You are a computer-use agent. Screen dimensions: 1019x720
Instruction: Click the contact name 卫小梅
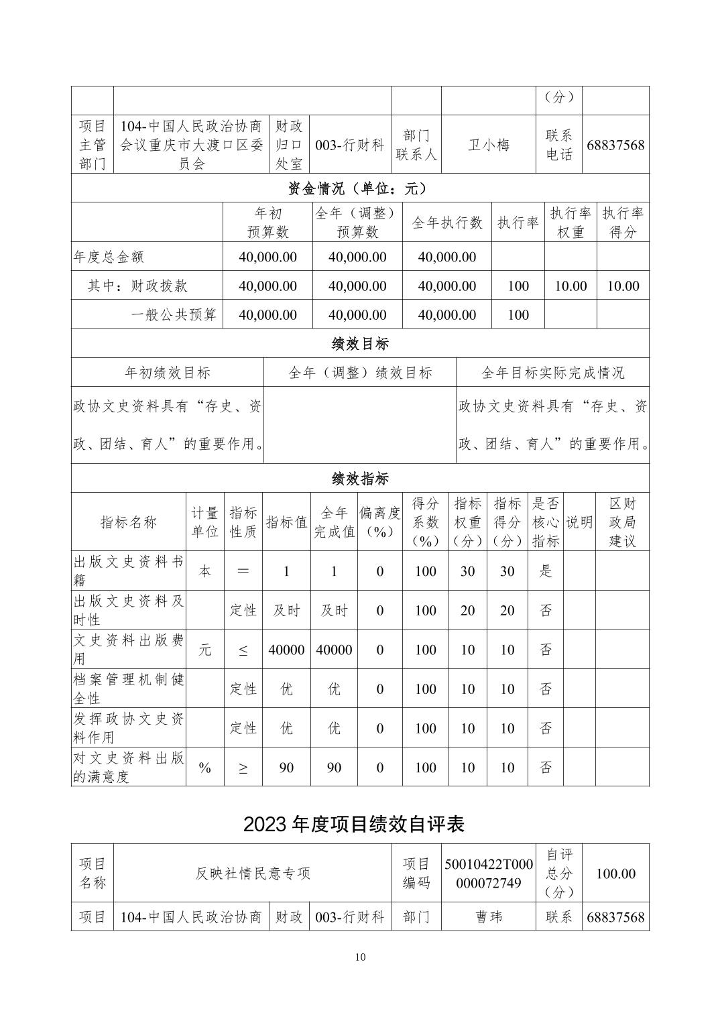pyautogui.click(x=488, y=144)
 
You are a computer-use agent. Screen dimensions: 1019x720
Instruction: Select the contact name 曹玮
pyautogui.click(x=488, y=916)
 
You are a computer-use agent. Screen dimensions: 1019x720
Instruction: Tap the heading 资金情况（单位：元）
pyautogui.click(x=360, y=188)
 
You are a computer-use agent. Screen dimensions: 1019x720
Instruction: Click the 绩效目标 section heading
pyautogui.click(x=360, y=344)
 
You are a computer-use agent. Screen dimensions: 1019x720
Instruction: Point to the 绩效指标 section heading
pyautogui.click(x=360, y=479)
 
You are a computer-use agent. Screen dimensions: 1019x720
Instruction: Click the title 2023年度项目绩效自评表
pyautogui.click(x=354, y=824)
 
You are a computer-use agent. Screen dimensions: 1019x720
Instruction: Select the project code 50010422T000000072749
pyautogui.click(x=488, y=874)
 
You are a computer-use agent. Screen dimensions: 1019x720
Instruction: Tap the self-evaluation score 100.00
pyautogui.click(x=615, y=874)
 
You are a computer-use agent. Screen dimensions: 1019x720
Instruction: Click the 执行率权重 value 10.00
pyautogui.click(x=571, y=286)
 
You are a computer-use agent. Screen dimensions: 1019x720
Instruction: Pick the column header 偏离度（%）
pyautogui.click(x=379, y=522)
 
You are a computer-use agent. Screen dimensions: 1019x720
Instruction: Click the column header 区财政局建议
pyautogui.click(x=621, y=522)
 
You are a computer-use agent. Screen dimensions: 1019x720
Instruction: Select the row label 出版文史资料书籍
pyautogui.click(x=129, y=571)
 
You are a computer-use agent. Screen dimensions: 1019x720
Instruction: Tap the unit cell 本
pyautogui.click(x=204, y=571)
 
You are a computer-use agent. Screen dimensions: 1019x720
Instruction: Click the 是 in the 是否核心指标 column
pyautogui.click(x=546, y=571)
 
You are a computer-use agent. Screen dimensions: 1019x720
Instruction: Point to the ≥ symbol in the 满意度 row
pyautogui.click(x=243, y=768)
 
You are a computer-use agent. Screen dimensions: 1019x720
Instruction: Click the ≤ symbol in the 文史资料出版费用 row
pyautogui.click(x=243, y=650)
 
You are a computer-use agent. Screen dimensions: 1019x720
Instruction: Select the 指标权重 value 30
pyautogui.click(x=467, y=571)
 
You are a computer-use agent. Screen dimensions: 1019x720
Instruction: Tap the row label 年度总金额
pyautogui.click(x=109, y=257)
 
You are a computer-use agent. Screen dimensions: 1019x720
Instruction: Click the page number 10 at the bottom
pyautogui.click(x=360, y=957)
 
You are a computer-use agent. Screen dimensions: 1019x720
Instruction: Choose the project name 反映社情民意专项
pyautogui.click(x=253, y=874)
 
